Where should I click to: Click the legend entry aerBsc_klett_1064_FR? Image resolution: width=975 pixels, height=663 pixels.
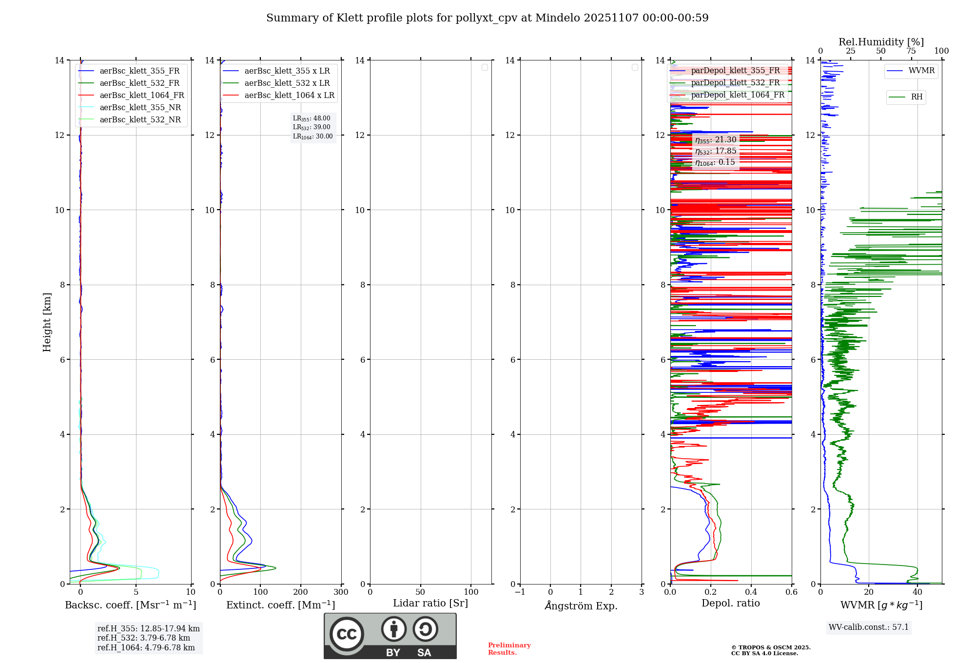coord(141,96)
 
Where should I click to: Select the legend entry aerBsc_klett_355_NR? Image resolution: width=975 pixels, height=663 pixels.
coord(140,108)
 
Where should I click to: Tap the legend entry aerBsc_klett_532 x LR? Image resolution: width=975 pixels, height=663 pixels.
coord(287,83)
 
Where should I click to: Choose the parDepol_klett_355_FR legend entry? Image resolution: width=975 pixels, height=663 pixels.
coord(735,71)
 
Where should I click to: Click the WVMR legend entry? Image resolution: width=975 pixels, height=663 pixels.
coord(921,71)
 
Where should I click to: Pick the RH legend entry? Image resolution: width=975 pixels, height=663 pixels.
coord(916,97)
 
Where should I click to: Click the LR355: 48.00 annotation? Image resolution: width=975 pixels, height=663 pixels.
coord(312,118)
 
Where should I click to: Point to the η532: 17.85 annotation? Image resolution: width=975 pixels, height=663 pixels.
coord(716,151)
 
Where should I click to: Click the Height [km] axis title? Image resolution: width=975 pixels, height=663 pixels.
coord(47,322)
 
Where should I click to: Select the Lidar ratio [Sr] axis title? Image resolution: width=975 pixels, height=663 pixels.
coord(430,604)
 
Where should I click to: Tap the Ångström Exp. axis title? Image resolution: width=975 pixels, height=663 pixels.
coord(581,606)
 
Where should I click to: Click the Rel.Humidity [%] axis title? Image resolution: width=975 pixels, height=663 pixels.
coord(881,42)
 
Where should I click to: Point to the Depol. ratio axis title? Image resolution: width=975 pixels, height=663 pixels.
coord(730,604)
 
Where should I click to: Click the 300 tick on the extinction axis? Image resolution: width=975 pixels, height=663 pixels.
coord(341,592)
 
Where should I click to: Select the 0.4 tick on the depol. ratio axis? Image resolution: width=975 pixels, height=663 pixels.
coord(751,592)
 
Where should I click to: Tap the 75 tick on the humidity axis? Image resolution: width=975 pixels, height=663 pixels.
coord(911,51)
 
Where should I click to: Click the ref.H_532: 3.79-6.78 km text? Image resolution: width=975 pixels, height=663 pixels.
coord(144,638)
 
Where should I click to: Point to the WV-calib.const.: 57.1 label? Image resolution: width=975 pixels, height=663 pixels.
coord(869,627)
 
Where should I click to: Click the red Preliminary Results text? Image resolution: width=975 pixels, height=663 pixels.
coord(509,649)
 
